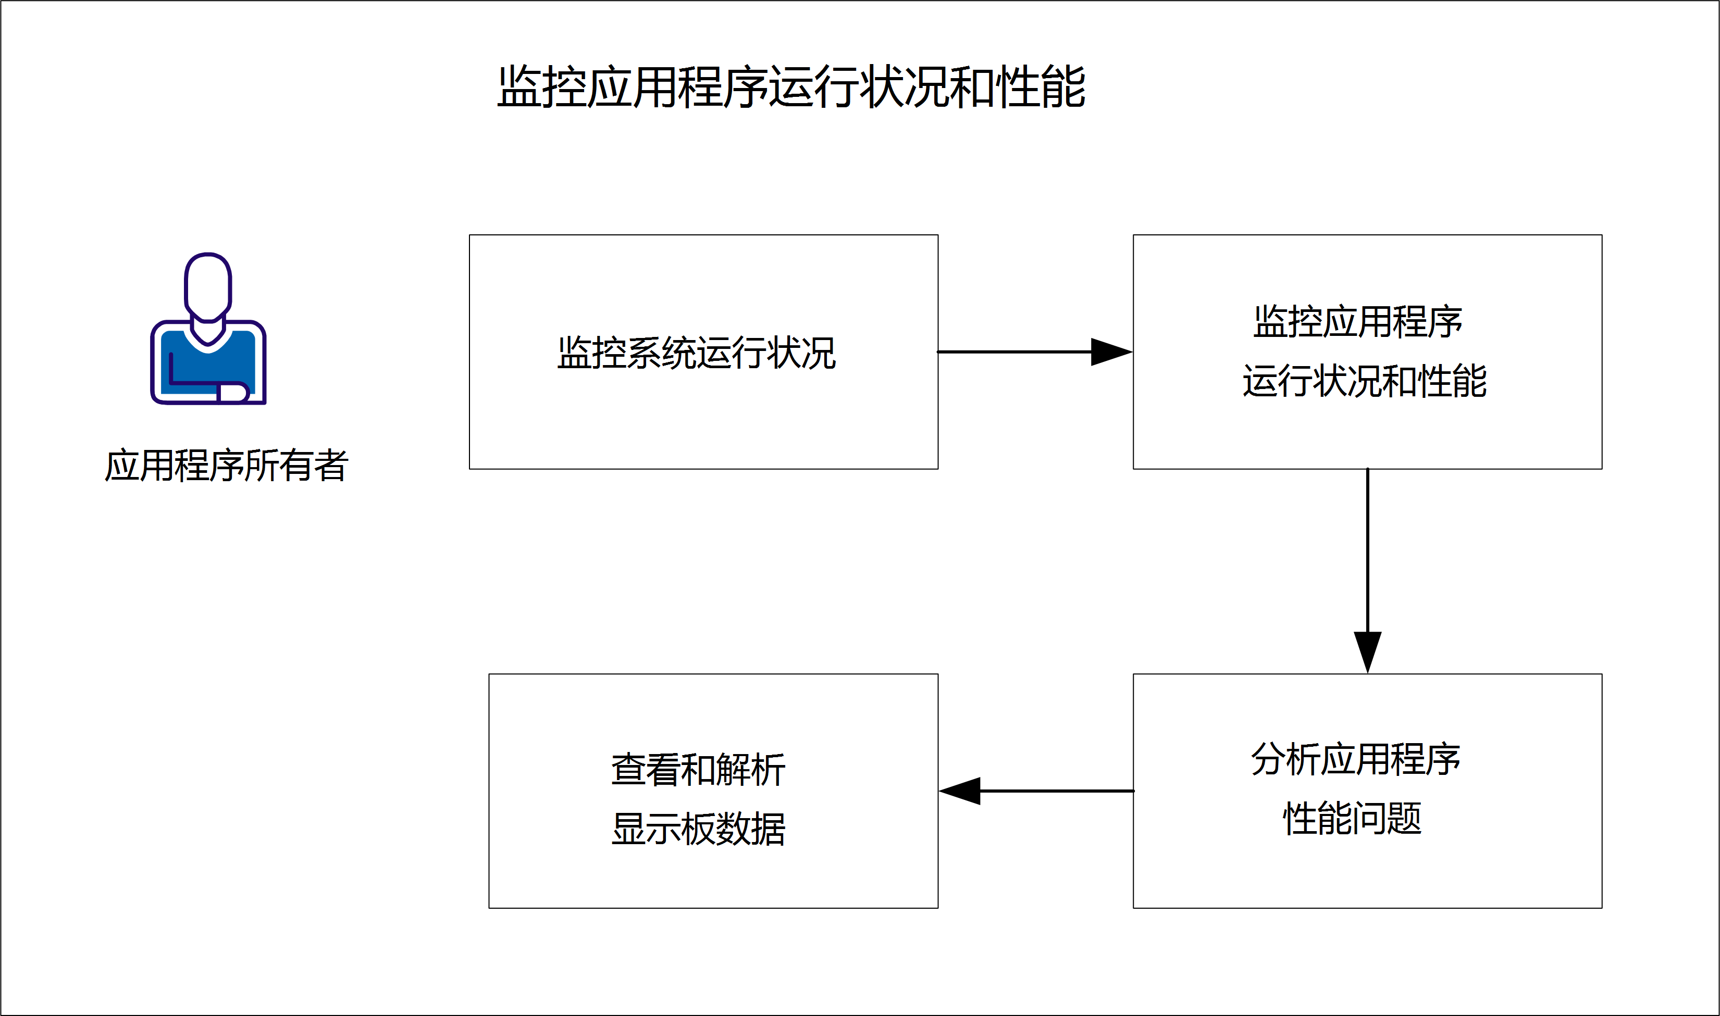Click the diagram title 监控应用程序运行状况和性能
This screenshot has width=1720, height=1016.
coord(791,87)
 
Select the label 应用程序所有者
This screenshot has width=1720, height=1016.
coord(227,466)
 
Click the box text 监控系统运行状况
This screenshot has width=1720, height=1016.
coord(697,353)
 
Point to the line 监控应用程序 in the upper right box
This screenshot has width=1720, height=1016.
coord(1358,322)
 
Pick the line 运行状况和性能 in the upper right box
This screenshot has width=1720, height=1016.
coord(1365,381)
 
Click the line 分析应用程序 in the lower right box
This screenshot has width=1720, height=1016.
coord(1356,759)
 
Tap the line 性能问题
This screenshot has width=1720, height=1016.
coord(1352,819)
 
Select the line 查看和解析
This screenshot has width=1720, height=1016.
coord(698,770)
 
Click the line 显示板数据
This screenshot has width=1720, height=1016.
coord(698,829)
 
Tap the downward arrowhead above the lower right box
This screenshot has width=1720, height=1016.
coord(1367,650)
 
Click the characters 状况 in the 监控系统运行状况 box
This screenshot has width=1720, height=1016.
coord(801,353)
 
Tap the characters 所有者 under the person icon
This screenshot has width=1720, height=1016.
coord(296,466)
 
